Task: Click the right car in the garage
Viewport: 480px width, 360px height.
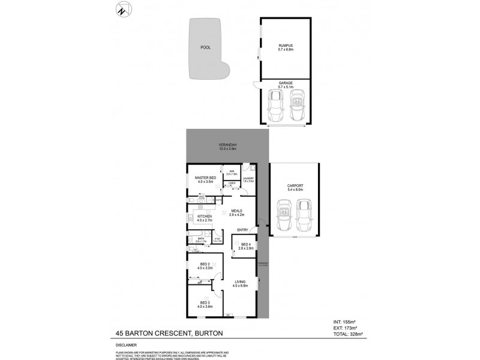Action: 297,106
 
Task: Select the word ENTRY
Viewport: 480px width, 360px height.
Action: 242,229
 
